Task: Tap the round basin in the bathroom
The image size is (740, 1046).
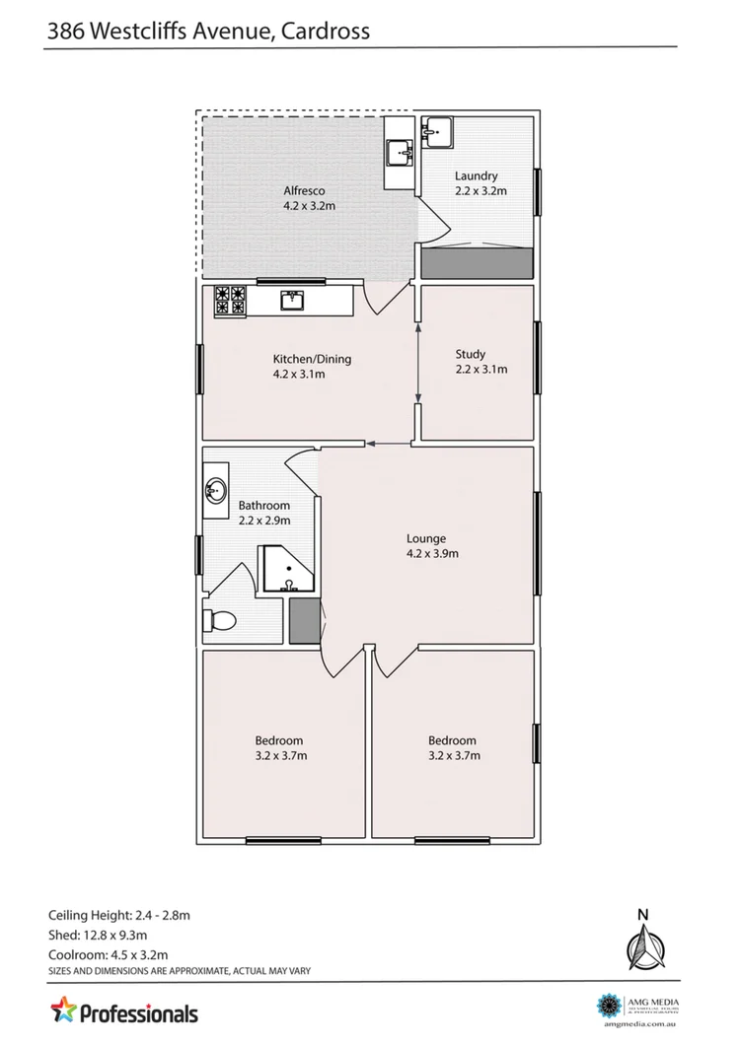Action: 217,490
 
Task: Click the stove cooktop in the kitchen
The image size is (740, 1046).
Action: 229,301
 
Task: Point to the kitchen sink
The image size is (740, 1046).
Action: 293,301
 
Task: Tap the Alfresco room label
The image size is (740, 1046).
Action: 304,190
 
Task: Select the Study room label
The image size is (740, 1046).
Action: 472,355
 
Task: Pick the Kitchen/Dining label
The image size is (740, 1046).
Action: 312,359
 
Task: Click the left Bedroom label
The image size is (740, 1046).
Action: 278,740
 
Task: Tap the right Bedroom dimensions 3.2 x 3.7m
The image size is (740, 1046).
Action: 452,756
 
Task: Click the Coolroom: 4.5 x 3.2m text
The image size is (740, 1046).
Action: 108,954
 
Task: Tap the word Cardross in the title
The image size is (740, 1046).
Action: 326,31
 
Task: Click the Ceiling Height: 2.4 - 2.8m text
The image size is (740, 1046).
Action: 118,915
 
